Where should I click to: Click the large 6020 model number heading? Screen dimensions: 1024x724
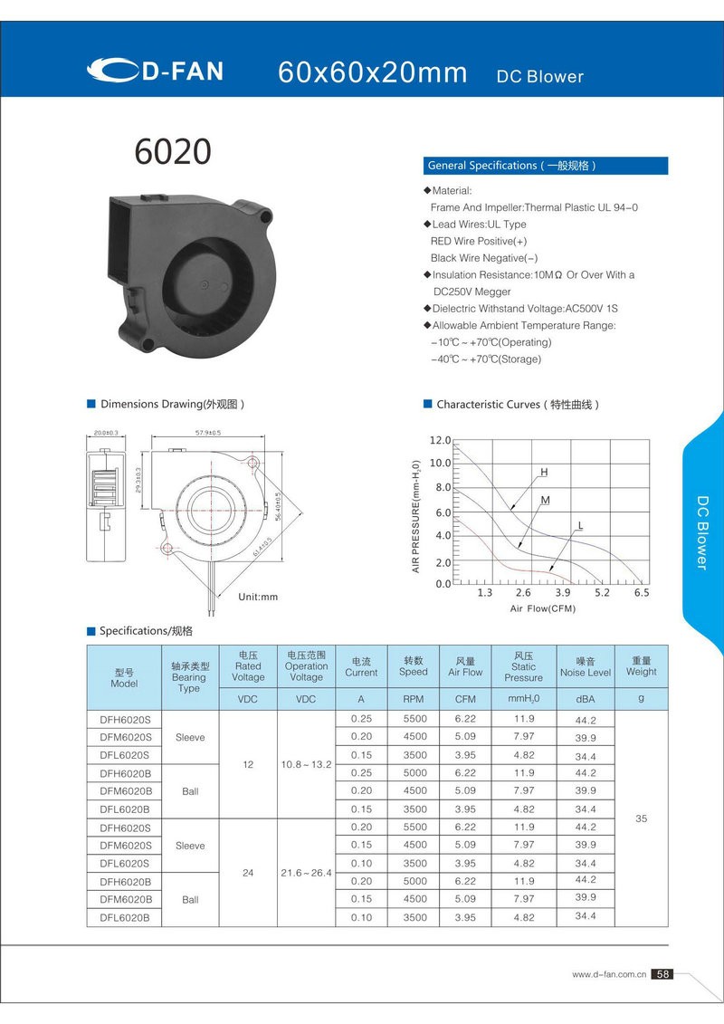[x=172, y=152]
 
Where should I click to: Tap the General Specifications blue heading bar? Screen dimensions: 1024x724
[x=546, y=166]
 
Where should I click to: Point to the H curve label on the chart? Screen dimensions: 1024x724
[x=544, y=473]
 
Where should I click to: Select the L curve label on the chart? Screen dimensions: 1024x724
[x=580, y=526]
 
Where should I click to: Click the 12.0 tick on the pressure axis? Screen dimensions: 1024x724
[x=440, y=440]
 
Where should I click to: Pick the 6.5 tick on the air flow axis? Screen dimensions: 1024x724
[x=642, y=593]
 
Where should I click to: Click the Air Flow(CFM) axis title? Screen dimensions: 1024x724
[x=542, y=608]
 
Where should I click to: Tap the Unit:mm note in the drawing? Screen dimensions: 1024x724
[x=258, y=598]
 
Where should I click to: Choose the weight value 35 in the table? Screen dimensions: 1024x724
[x=641, y=818]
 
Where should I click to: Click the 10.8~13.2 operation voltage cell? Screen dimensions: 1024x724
[x=306, y=765]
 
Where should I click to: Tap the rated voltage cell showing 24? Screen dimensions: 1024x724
[x=248, y=874]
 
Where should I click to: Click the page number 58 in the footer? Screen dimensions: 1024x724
[x=663, y=974]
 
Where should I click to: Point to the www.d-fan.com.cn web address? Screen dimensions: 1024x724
[x=608, y=975]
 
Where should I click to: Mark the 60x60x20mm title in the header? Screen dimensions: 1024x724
[x=373, y=73]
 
